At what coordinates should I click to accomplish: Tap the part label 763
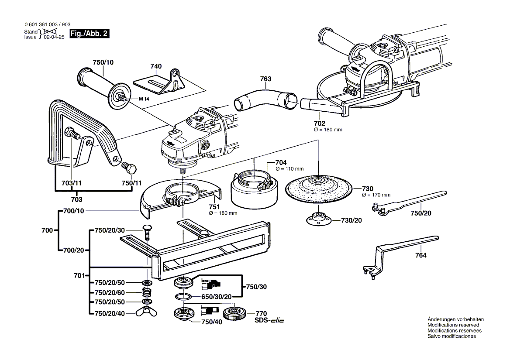(x=265, y=79)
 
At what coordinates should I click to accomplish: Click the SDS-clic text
(x=269, y=321)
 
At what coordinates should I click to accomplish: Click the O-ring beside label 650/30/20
(x=183, y=297)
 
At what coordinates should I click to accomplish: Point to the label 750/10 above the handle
(x=103, y=62)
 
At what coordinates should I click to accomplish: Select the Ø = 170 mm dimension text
(x=376, y=195)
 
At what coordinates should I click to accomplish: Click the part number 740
(x=156, y=66)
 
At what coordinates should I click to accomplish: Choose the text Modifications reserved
(x=453, y=325)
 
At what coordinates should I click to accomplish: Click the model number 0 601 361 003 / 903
(x=47, y=25)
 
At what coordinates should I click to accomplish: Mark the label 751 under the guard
(x=214, y=207)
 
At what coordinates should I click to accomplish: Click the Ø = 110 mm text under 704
(x=289, y=168)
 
